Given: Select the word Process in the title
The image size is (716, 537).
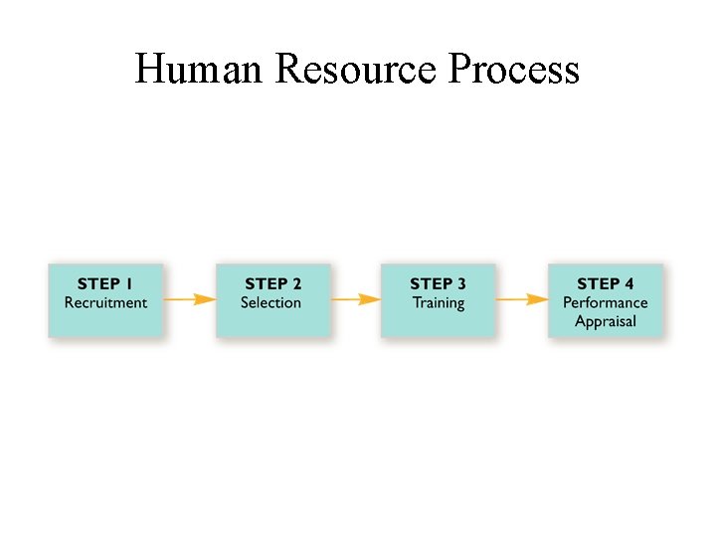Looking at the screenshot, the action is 514,70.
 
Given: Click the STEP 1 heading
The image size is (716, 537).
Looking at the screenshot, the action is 105,284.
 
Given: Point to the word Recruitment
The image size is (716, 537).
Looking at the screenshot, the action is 105,302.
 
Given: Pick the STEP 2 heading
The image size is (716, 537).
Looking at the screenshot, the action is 272,284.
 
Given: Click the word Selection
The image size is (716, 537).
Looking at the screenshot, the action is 270,302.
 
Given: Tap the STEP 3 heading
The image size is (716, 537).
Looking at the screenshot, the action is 438,284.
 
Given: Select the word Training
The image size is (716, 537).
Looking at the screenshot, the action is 438,302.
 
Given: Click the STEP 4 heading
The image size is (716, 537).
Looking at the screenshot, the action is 605,284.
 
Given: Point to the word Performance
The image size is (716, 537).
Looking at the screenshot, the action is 605,302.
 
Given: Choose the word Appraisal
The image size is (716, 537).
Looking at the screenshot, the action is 605,321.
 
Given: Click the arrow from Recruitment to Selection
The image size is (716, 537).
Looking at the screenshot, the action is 189,298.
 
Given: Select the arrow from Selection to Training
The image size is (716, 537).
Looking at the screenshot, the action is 355,298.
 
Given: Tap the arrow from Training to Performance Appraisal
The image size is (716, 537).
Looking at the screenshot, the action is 521,298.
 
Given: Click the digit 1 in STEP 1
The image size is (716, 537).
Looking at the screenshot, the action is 128,284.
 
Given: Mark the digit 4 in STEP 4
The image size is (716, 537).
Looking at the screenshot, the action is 628,284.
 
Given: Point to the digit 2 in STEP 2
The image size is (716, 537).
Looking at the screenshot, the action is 296,284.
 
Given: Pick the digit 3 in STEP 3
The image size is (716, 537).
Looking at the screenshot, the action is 461,284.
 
